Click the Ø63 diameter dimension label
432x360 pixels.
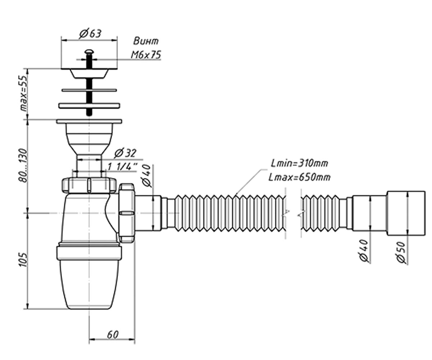[x=90, y=33]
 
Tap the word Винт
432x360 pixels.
[x=146, y=41]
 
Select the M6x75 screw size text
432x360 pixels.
[x=146, y=55]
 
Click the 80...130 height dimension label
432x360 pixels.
[x=23, y=165]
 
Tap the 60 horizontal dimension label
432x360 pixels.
[x=113, y=334]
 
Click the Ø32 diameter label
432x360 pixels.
[x=125, y=153]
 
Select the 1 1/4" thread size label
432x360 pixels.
[x=123, y=166]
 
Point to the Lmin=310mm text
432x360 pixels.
[x=300, y=163]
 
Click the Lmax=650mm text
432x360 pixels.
[x=300, y=177]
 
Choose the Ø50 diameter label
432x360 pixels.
[x=401, y=252]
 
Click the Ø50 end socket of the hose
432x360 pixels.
[x=406, y=213]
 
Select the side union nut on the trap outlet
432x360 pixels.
[x=126, y=213]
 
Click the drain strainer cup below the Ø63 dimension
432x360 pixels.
[x=89, y=73]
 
